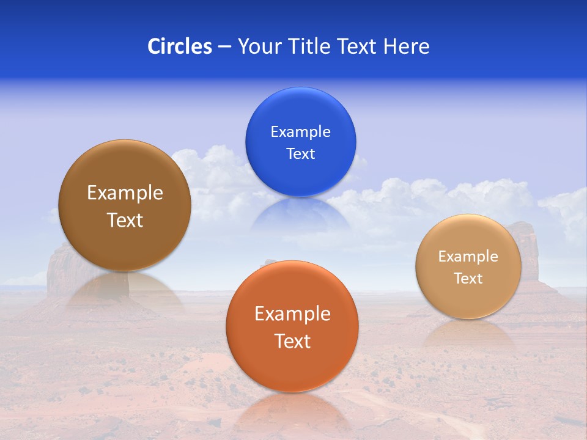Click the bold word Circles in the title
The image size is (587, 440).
point(180,46)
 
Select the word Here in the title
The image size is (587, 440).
point(407,46)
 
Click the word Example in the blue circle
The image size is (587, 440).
point(300,132)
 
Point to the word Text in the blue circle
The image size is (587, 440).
point(300,154)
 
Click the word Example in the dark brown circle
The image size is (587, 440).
point(125,193)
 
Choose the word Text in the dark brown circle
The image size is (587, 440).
point(125,220)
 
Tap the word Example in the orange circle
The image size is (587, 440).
point(292,314)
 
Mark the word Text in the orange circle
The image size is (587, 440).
point(292,341)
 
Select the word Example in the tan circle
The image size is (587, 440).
point(468,257)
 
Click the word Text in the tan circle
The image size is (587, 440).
point(468,279)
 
